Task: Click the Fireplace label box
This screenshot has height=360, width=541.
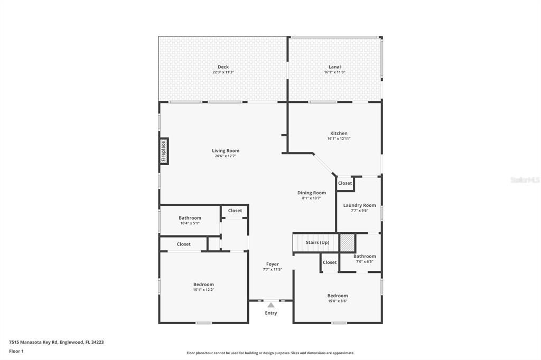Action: pos(164,150)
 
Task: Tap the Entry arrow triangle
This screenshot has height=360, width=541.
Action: pos(271,305)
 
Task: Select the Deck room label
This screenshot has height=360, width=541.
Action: pos(223,67)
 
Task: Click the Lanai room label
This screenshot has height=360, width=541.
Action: pos(334,67)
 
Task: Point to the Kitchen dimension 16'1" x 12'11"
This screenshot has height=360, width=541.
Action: pos(339,139)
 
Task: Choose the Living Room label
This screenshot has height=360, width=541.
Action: pos(226,151)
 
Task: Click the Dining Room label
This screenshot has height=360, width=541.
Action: pos(311,193)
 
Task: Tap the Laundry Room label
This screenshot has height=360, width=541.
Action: pos(359,205)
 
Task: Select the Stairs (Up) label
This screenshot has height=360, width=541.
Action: pos(318,243)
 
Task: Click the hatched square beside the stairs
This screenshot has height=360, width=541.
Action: pos(347,243)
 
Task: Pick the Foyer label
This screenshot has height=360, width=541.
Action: pos(272,264)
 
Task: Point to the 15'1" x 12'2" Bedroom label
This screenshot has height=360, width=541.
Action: pos(203,285)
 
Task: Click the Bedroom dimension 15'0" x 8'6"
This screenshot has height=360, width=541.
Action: pos(337,301)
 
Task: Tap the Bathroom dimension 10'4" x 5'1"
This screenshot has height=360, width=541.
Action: pos(190,223)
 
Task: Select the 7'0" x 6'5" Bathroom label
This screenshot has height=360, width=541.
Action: pos(365,257)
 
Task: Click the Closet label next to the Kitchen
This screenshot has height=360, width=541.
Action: pos(345,183)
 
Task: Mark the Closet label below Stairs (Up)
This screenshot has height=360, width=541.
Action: pos(330,262)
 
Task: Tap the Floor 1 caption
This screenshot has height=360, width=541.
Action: pos(16,351)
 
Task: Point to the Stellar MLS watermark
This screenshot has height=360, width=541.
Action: pos(525,180)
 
